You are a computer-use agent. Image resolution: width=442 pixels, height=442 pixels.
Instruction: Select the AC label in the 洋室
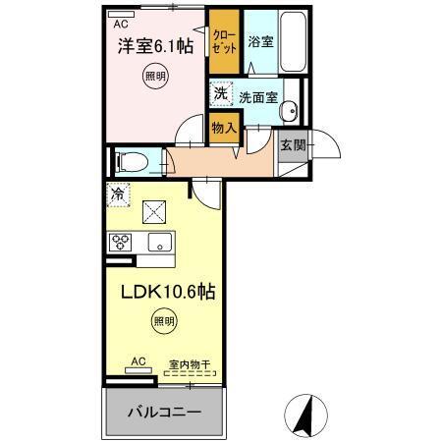(x=121, y=23)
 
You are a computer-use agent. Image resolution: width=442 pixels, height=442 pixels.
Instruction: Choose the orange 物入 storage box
(x=224, y=127)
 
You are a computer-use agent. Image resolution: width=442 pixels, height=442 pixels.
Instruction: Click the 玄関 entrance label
(x=292, y=145)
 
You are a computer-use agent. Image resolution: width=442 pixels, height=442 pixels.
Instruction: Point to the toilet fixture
(x=133, y=159)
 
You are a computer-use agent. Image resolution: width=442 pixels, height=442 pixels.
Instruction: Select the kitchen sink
(x=155, y=243)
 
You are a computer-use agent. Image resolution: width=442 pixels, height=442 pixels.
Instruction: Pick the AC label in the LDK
(x=138, y=362)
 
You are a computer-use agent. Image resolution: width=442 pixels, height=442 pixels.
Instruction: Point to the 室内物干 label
(x=191, y=363)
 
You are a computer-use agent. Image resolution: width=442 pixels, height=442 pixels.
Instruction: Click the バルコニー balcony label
(x=163, y=411)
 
